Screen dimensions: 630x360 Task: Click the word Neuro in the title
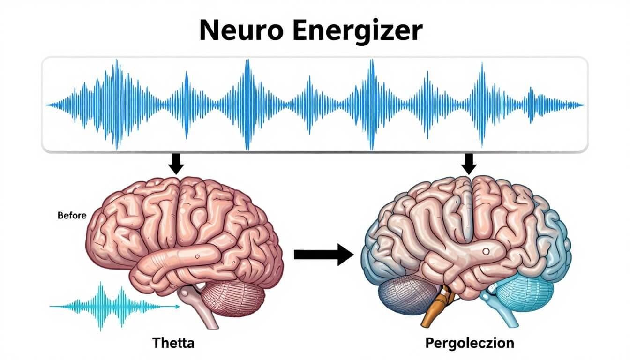[x=236, y=31]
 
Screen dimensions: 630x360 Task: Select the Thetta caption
[x=173, y=343]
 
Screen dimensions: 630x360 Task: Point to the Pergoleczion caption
[x=469, y=343]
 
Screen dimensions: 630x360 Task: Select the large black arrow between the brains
[x=323, y=255]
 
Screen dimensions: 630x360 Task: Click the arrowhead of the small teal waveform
[x=177, y=307]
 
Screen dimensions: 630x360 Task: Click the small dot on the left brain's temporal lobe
[x=197, y=256]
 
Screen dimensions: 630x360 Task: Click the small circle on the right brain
[x=486, y=252]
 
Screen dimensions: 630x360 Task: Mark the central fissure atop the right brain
[x=469, y=206]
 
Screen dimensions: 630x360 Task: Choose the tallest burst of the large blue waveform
[x=247, y=105]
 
